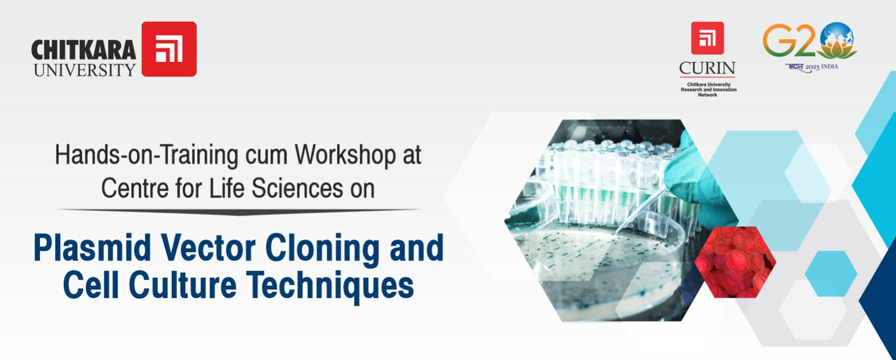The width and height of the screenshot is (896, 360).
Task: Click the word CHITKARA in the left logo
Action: pos(83,50)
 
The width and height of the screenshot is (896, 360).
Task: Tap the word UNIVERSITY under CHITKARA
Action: pos(85,70)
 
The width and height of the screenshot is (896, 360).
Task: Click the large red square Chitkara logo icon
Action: pos(169,49)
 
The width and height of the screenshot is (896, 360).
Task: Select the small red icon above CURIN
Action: pos(707,38)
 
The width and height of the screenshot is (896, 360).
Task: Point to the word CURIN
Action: pos(707,68)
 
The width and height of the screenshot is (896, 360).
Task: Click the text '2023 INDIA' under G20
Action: pos(822,67)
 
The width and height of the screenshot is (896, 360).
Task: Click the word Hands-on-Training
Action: pos(147,155)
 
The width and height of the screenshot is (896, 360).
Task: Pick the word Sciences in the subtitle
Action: pos(297,188)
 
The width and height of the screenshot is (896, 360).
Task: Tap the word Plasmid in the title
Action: pos(93,248)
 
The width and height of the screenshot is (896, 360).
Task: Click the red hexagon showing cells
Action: pos(735,262)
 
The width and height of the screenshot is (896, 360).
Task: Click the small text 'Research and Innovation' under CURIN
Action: pos(708,90)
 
